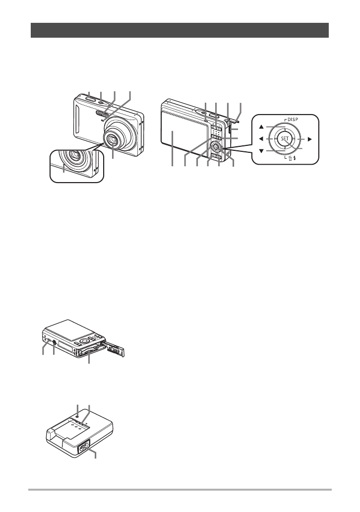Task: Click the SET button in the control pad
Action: coord(284,139)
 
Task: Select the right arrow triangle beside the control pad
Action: coord(308,139)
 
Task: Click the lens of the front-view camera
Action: coord(114,141)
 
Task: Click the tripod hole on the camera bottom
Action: coord(54,342)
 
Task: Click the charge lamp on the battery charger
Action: coord(78,416)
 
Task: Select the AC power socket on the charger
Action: coord(83,446)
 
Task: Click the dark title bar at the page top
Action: coord(180,30)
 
